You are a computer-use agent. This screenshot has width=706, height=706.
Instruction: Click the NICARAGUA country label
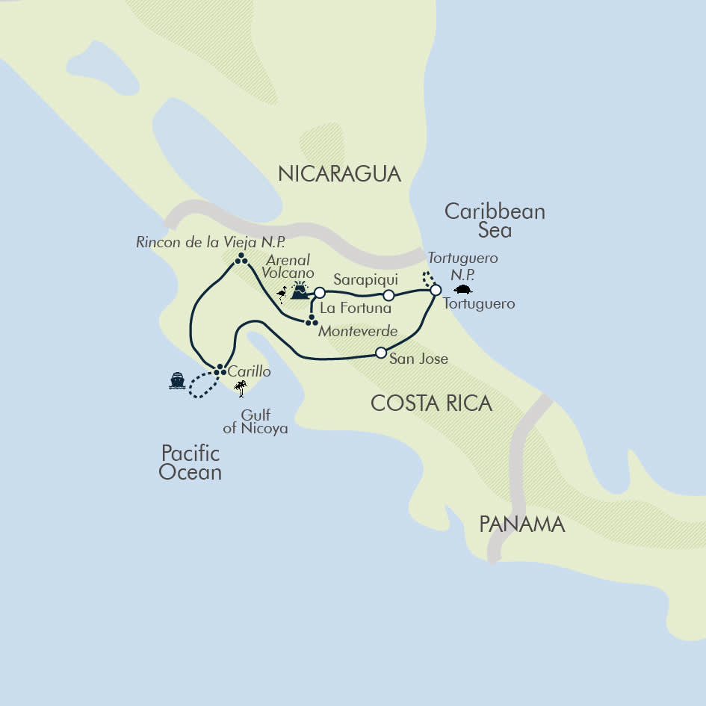point(339,174)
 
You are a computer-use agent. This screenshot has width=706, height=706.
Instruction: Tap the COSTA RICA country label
point(431,403)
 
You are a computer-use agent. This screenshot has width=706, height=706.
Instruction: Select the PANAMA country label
point(521,524)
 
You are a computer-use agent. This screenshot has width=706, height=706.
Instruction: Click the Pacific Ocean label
point(191,462)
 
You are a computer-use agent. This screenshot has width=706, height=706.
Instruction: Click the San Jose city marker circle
point(381,353)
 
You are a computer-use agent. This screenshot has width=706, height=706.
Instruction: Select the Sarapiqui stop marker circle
point(388,295)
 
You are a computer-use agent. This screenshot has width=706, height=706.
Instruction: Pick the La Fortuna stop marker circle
point(320,292)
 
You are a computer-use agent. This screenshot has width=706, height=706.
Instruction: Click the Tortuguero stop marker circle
point(436,290)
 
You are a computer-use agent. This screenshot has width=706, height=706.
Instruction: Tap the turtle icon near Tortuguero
point(463,290)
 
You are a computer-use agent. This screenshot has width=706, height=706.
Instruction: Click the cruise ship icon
point(177,381)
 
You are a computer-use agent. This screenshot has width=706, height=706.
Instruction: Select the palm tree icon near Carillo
point(240,388)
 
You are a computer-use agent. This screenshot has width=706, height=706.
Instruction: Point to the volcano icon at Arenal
point(300,291)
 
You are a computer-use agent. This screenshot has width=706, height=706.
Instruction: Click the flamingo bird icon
point(282,294)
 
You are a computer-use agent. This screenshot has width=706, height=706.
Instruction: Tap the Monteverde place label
point(357,331)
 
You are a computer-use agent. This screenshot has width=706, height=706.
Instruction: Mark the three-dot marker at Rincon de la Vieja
point(241,259)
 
